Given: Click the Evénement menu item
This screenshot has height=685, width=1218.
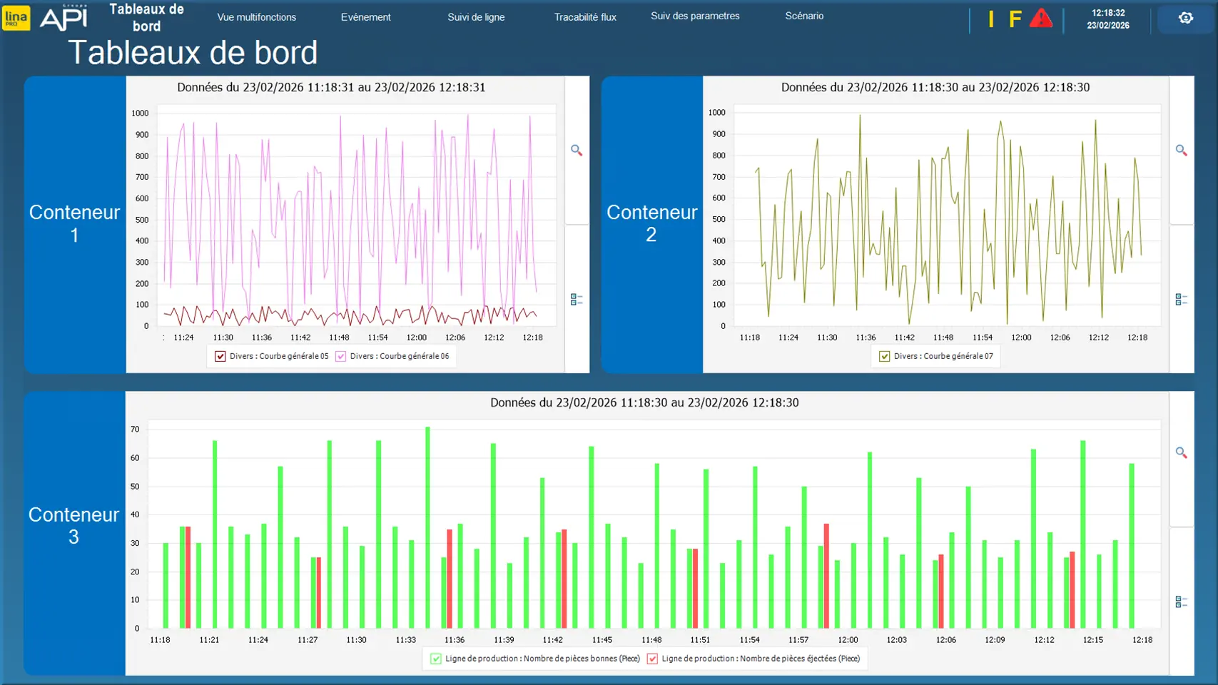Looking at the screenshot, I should click(x=365, y=17).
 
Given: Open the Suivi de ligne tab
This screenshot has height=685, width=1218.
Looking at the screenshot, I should click(x=476, y=17).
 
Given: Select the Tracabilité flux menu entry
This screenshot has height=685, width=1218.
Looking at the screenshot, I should click(x=585, y=17).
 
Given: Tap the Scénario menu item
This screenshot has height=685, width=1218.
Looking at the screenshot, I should click(x=804, y=16).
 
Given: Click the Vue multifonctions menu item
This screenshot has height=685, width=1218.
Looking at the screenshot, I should click(x=256, y=17).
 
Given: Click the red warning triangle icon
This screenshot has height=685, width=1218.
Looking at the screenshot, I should click(x=1041, y=18).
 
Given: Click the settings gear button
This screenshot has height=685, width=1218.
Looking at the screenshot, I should click(x=1185, y=18).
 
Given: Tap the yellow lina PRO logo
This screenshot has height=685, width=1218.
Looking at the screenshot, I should click(x=16, y=18).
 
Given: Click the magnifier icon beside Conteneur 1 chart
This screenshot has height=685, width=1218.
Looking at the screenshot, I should click(x=577, y=151).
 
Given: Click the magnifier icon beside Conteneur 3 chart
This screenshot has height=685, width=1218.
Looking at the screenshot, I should click(x=1182, y=452).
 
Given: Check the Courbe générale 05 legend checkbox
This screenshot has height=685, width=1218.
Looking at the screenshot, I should click(x=220, y=356).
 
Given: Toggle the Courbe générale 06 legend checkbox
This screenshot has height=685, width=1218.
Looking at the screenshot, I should click(x=341, y=356).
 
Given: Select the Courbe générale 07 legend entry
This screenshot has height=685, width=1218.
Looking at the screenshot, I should click(x=885, y=356).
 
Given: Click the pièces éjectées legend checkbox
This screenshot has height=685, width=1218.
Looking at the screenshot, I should click(x=652, y=659).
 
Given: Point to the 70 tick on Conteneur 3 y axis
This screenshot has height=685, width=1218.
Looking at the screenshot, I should click(x=135, y=430).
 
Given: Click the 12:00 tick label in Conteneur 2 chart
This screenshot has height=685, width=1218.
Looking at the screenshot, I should click(x=1021, y=338).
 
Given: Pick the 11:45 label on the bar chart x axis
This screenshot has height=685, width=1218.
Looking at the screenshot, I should click(x=602, y=640).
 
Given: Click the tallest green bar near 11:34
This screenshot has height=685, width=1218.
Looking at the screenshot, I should click(x=427, y=528).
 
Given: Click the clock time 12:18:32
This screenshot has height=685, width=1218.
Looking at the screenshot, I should click(x=1108, y=13).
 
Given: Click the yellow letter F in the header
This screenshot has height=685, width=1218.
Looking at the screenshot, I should click(x=1015, y=19).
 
